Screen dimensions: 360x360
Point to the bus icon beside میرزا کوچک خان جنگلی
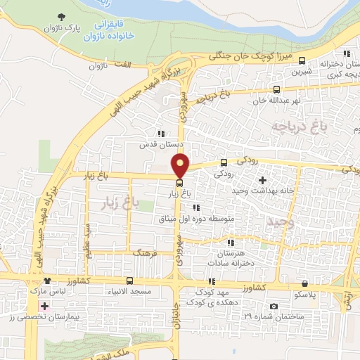point(302,60)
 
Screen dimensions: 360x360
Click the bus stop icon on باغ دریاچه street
point(276,89)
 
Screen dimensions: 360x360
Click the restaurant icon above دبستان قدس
point(161,133)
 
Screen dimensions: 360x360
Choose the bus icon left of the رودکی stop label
point(224,161)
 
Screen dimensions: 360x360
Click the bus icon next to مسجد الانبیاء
point(128,281)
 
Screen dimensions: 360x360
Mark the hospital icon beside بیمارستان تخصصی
point(45,307)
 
